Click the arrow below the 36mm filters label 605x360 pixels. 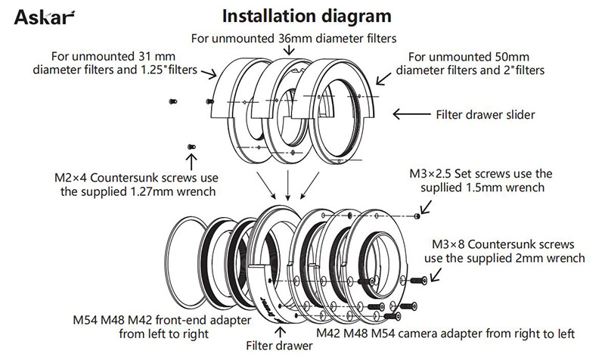point(288,49)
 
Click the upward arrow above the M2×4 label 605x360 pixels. point(191,161)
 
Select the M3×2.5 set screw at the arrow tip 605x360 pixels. point(418,216)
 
